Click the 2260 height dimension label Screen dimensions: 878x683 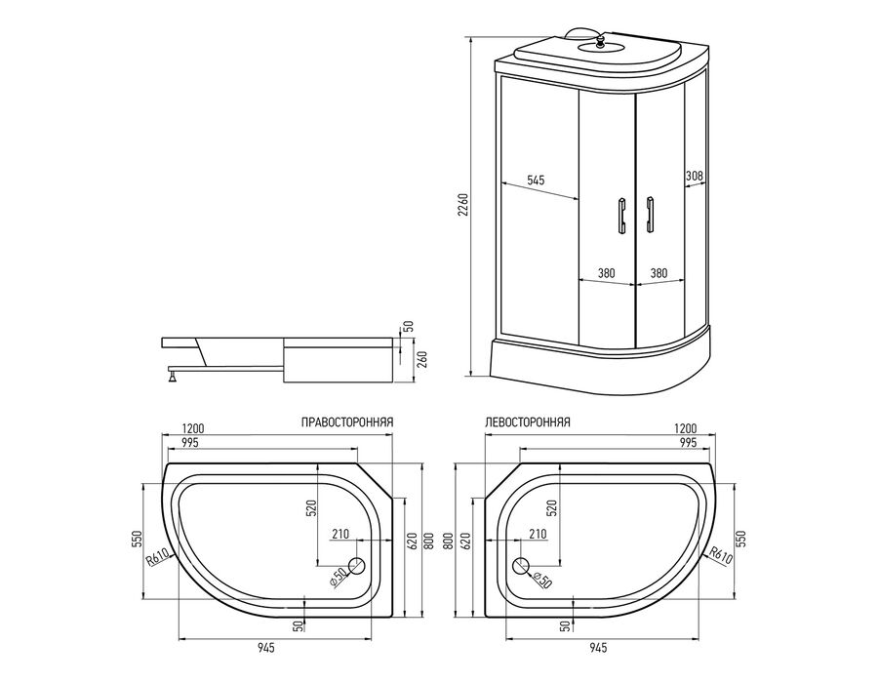[463, 206]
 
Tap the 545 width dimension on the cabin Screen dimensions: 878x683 [536, 180]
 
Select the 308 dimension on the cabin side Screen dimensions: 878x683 [695, 176]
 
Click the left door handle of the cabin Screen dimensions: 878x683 [621, 215]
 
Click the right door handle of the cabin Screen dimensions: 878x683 [649, 214]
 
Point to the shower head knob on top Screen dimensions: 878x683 [600, 41]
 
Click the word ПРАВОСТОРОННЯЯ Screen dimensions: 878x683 [347, 422]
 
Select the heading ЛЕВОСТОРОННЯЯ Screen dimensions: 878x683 [528, 422]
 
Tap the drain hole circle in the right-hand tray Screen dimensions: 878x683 [357, 567]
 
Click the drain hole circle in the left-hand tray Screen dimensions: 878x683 [521, 567]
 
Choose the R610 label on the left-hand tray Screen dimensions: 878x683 [721, 556]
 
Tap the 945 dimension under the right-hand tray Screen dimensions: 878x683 [266, 648]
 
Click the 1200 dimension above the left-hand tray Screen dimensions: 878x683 [685, 428]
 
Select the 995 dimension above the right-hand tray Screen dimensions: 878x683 [191, 442]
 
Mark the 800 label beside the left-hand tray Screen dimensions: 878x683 [448, 541]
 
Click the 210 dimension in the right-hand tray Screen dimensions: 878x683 [339, 534]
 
